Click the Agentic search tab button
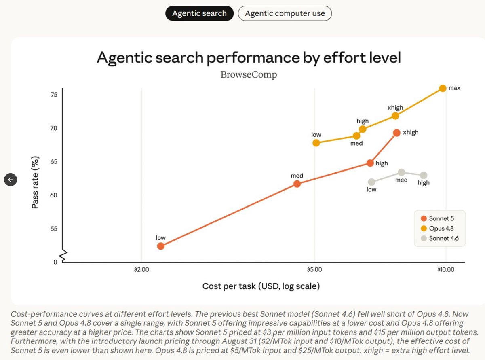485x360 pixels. point(199,13)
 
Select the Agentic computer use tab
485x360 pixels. point(285,13)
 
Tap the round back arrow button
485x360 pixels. point(11,180)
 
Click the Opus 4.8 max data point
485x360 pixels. point(443,88)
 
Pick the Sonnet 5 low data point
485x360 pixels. point(161,246)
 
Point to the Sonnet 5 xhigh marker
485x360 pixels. point(396,133)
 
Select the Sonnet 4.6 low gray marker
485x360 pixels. point(371,182)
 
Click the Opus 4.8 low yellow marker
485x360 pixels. point(316,143)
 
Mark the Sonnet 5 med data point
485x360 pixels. point(297,184)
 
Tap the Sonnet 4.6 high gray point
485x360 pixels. point(424,175)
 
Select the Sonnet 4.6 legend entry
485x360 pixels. point(439,238)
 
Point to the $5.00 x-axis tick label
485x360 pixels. point(314,270)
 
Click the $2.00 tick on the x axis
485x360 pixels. point(141,270)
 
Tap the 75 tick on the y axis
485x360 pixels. point(54,95)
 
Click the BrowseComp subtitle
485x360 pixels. point(249,74)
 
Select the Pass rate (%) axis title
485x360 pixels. point(35,182)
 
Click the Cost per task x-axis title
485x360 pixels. point(261,286)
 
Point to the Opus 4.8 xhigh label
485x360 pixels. point(395,108)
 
